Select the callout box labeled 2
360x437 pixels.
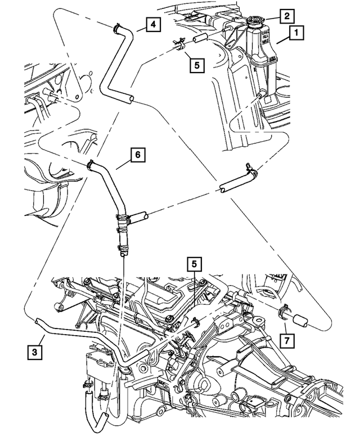(x=287, y=16)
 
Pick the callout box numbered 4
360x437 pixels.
(x=153, y=24)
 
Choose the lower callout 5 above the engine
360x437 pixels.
(x=194, y=263)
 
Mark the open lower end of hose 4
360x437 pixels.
(x=131, y=100)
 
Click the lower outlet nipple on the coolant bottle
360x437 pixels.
(x=260, y=97)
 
